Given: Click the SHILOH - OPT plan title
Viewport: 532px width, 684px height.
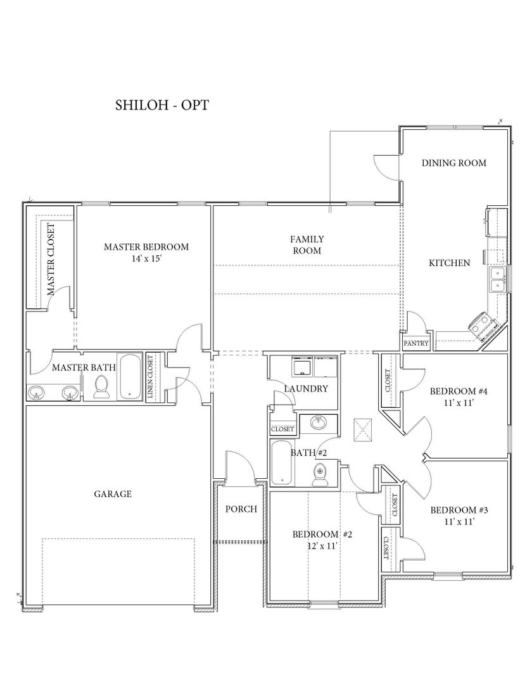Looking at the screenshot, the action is point(161,105).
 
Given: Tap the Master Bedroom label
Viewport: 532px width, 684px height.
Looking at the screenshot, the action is point(146,247).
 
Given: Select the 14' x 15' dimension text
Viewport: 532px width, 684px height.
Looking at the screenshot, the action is point(146,258).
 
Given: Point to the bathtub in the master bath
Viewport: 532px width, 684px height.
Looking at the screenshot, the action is point(130,376).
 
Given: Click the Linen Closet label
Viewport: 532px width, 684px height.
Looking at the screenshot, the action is point(151,377).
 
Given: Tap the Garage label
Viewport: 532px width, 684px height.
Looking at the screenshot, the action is point(113,494).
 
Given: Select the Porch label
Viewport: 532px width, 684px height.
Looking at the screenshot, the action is point(241,509).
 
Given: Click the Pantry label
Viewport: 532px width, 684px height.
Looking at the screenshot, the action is point(416,343).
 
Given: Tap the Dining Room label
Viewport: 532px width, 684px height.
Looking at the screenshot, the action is point(454,163).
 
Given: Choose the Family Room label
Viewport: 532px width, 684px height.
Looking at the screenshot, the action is point(307,244).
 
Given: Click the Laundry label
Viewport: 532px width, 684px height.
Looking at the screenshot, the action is point(306,389).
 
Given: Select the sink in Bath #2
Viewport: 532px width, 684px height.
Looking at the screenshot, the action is point(319,422).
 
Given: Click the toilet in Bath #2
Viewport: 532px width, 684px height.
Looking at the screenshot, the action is point(320,474).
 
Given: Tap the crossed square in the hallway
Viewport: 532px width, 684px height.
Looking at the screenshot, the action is point(363,429).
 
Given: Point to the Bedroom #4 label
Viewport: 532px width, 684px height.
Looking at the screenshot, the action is point(459,391).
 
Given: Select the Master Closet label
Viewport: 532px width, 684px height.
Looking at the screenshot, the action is point(51,259).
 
